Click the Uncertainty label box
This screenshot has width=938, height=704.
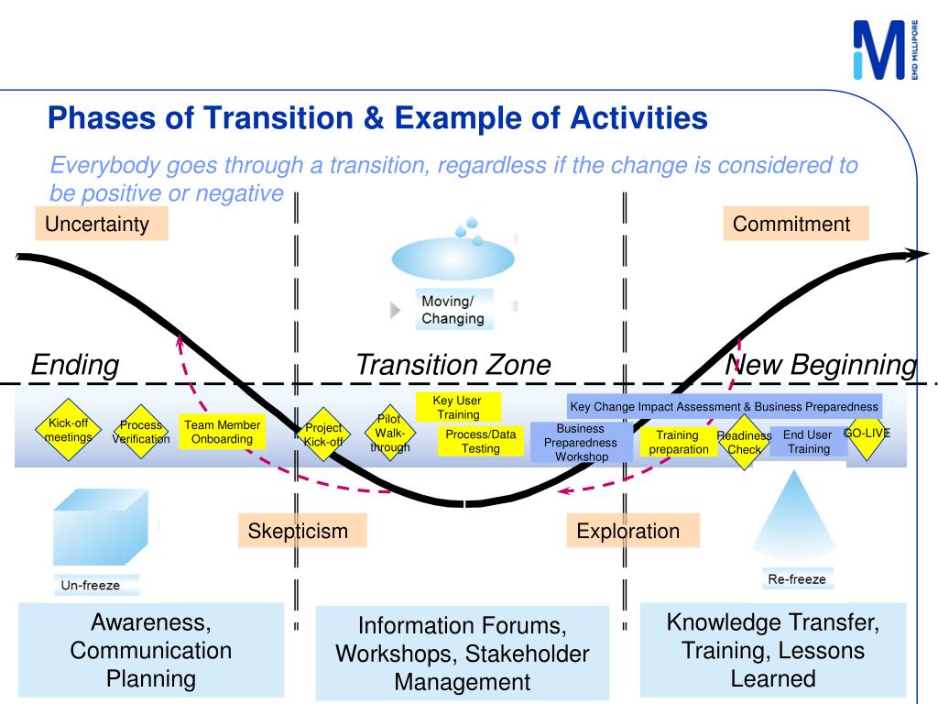coord(101,225)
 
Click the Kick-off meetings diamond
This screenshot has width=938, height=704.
coord(69,430)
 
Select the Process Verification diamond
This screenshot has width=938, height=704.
coord(141,432)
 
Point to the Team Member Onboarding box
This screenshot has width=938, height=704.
coord(222,432)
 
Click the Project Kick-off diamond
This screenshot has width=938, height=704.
coord(322,434)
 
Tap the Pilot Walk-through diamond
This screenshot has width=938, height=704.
coord(390,434)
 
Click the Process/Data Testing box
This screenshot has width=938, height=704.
coord(481,441)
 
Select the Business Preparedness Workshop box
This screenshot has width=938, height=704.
coord(581,442)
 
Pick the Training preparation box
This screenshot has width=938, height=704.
coord(679,442)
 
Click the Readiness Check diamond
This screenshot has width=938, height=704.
coord(744,443)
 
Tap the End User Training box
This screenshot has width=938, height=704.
coord(808,442)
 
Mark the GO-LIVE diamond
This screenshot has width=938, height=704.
coord(866,433)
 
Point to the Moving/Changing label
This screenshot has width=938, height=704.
coord(453,310)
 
